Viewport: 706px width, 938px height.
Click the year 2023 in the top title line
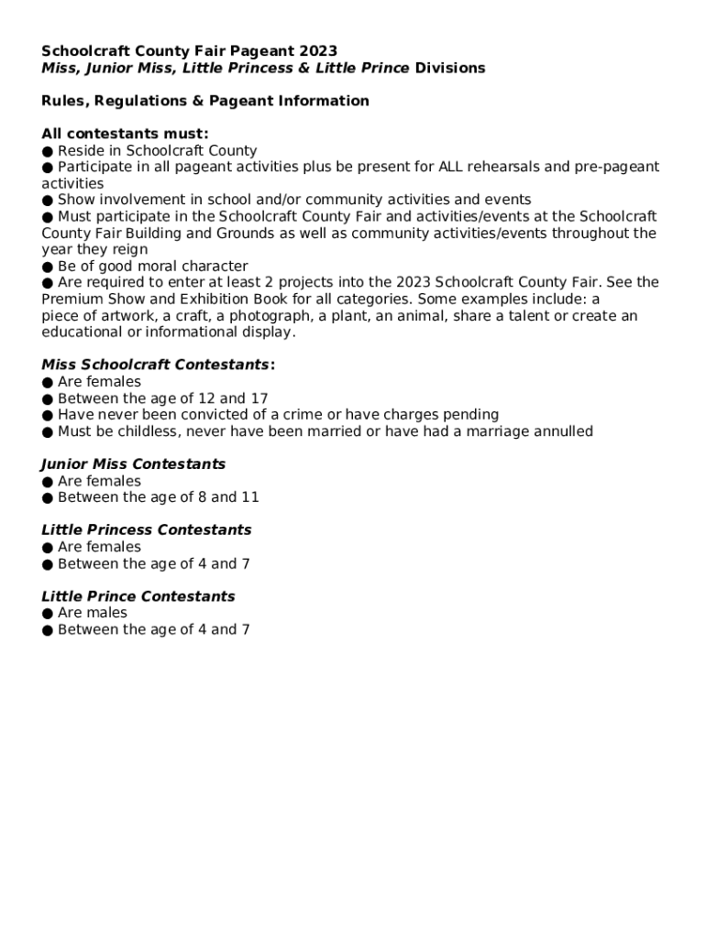[x=320, y=51]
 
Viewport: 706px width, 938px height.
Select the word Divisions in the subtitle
[x=450, y=68]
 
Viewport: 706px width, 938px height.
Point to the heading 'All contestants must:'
[x=125, y=134]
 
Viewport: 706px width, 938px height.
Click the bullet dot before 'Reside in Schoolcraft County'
[x=48, y=151]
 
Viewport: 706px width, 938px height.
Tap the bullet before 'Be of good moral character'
[x=48, y=267]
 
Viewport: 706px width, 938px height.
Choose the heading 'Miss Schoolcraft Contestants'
[x=155, y=365]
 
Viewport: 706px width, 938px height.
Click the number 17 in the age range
[x=259, y=398]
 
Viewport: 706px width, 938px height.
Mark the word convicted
[x=209, y=415]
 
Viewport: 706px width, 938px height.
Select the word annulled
[x=561, y=431]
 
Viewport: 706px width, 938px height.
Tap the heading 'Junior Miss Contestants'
[x=134, y=464]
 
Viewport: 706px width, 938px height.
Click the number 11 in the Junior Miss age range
[x=249, y=497]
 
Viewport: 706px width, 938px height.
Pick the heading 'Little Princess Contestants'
[x=147, y=530]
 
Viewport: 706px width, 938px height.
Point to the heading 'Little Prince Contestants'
[x=138, y=596]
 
